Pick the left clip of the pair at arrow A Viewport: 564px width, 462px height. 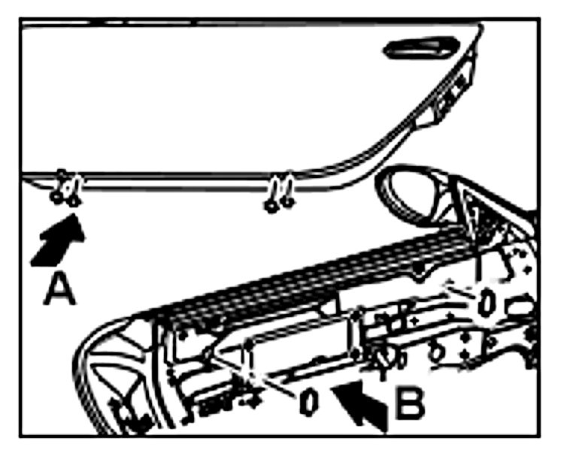click(56, 197)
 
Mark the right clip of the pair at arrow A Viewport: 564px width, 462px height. click(74, 198)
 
